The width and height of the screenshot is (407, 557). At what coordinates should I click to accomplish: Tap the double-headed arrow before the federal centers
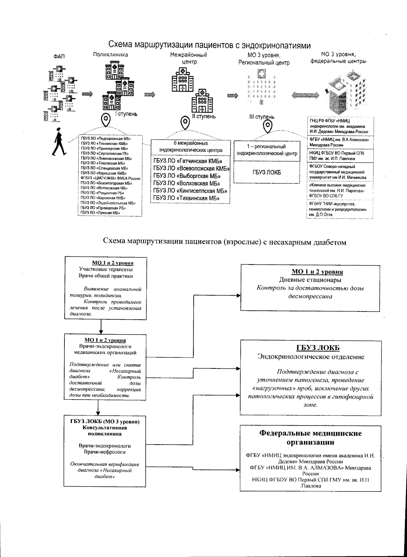(304, 95)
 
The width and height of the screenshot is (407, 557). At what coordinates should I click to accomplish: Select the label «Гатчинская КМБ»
(187, 161)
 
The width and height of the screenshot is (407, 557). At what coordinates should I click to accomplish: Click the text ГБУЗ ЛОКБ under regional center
(267, 172)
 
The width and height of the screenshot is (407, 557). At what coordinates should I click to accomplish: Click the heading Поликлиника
(111, 55)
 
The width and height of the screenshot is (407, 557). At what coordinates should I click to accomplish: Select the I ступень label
(126, 114)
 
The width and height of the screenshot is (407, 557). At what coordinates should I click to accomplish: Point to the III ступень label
(261, 117)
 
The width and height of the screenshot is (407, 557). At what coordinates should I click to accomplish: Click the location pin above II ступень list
(185, 123)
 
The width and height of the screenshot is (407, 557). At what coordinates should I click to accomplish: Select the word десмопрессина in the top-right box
(310, 297)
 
